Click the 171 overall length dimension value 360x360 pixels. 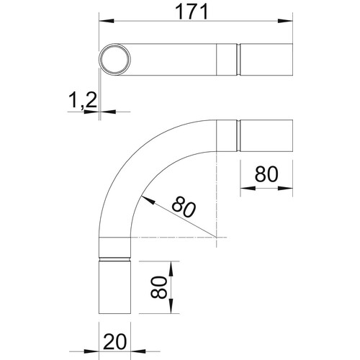192,12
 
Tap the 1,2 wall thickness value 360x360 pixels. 83,100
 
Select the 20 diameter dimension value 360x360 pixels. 114,341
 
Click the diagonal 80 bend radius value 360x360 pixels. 184,207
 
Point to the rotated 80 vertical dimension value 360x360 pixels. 158,287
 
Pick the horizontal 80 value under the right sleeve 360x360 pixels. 266,174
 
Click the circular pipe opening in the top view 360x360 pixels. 115,59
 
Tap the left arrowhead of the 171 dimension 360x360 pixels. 107,21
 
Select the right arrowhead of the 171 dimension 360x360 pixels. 285,21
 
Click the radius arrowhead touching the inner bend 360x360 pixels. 148,200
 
